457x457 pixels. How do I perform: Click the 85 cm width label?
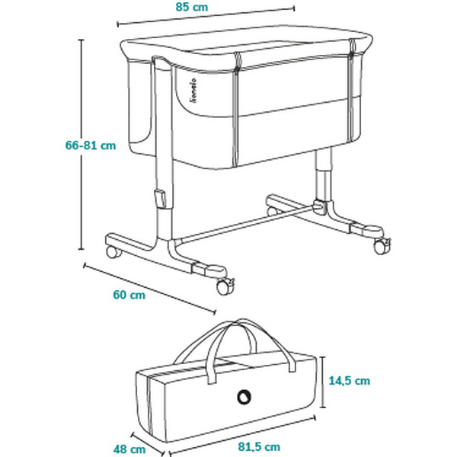(x=192, y=7)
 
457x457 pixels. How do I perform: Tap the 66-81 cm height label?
(x=91, y=145)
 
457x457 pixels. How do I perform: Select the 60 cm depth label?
(x=129, y=295)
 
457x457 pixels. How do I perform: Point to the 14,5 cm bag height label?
(x=350, y=381)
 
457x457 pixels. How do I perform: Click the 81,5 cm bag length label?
(x=259, y=446)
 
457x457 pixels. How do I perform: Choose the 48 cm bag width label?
(x=129, y=449)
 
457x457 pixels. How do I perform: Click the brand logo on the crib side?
(x=193, y=90)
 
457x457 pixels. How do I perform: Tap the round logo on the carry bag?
(x=244, y=397)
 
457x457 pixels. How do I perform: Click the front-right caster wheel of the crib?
(x=225, y=287)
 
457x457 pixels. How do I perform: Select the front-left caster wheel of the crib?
(x=114, y=252)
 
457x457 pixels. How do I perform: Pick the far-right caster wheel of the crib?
(x=382, y=246)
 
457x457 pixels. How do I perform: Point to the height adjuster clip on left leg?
(x=161, y=199)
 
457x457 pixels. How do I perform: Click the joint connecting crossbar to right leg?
(x=319, y=206)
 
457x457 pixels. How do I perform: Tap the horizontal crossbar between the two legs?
(x=244, y=224)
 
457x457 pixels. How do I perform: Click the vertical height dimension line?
(x=81, y=144)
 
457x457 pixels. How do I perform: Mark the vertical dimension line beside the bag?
(x=323, y=382)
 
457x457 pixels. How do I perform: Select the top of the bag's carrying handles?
(x=238, y=322)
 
